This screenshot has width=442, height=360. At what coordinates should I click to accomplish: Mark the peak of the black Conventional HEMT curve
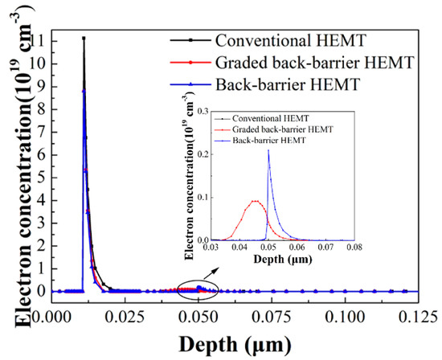[x=84, y=38]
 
